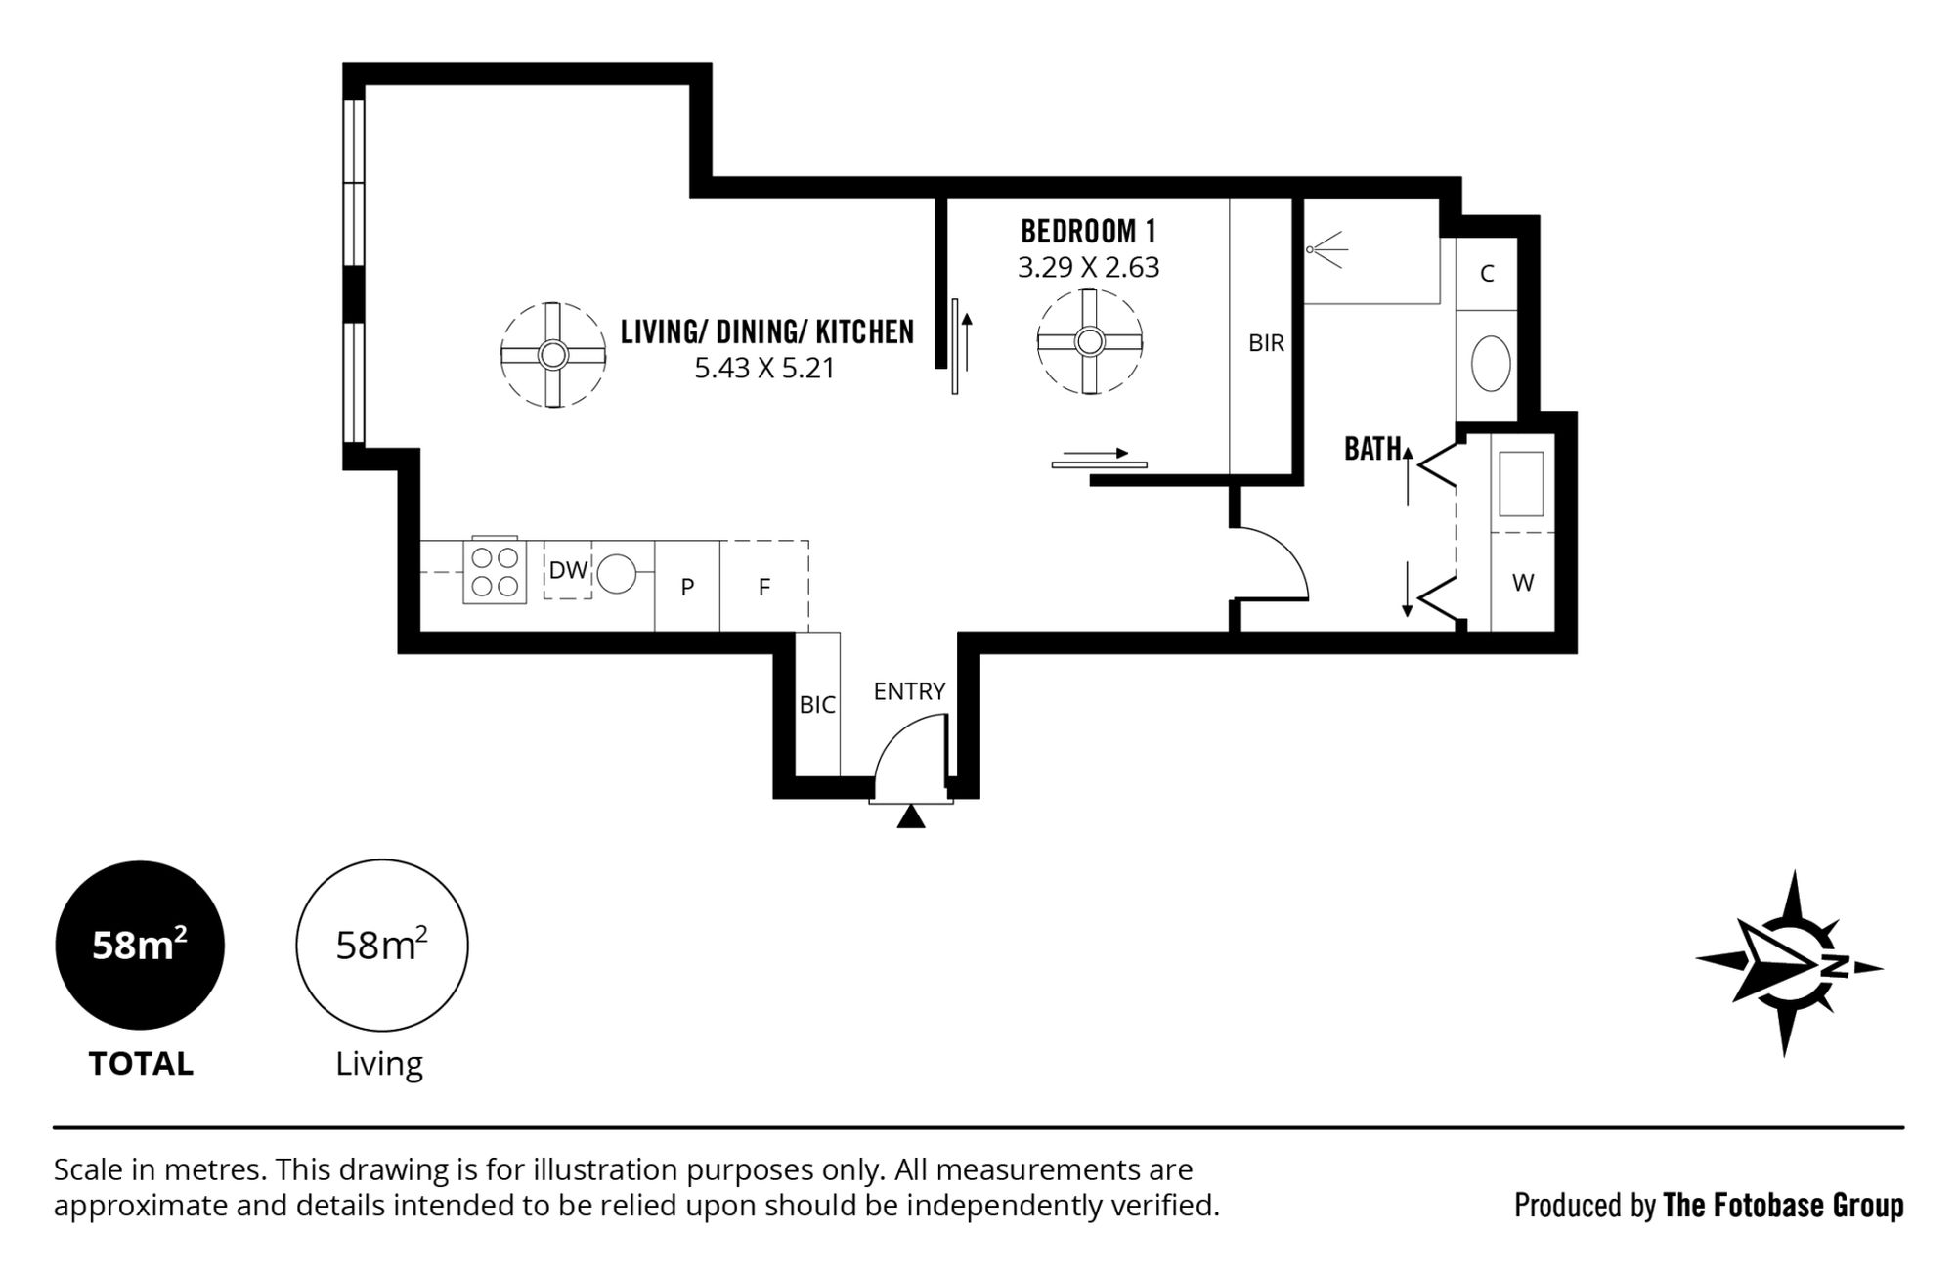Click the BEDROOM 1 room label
click(x=1088, y=232)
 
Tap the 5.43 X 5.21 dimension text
click(x=764, y=369)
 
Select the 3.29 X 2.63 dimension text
click(x=1088, y=267)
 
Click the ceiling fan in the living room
click(x=553, y=354)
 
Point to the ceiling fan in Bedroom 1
click(x=1089, y=342)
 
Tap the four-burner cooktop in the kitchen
click(x=495, y=571)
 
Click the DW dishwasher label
click(x=568, y=570)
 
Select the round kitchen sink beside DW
click(x=617, y=574)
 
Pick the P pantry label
click(x=687, y=587)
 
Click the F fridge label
click(x=764, y=587)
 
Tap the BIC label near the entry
click(x=817, y=704)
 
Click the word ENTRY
click(x=909, y=691)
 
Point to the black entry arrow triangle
click(x=911, y=817)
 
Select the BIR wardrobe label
click(x=1266, y=343)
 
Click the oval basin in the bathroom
click(x=1491, y=364)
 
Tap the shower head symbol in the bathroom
click(x=1326, y=248)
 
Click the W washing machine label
click(x=1523, y=583)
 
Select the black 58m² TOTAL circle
click(x=140, y=946)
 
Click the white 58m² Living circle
click(x=382, y=946)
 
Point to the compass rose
click(x=1789, y=964)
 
